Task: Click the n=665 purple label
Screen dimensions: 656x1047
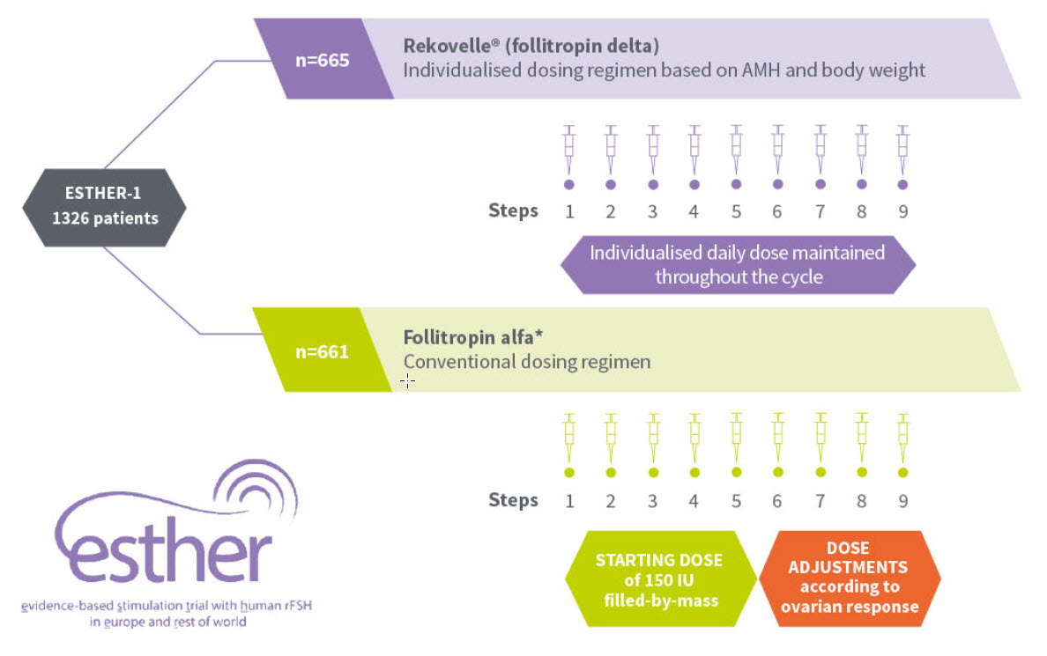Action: pyautogui.click(x=323, y=61)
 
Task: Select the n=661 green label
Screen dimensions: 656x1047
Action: pyautogui.click(x=322, y=351)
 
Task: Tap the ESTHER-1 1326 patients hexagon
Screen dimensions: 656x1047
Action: pyautogui.click(x=104, y=206)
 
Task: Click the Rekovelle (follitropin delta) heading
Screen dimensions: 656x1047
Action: pyautogui.click(x=531, y=45)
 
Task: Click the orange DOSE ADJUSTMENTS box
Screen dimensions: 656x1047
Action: pyautogui.click(x=850, y=578)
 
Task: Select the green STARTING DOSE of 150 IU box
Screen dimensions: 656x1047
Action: pyautogui.click(x=658, y=578)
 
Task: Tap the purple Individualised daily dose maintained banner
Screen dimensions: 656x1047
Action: pyautogui.click(x=737, y=264)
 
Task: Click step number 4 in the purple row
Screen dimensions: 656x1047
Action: pyautogui.click(x=694, y=211)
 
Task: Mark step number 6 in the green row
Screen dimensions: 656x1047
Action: pyautogui.click(x=777, y=501)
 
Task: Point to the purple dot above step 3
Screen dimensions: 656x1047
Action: pyautogui.click(x=652, y=184)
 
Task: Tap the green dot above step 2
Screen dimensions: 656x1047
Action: pyautogui.click(x=610, y=473)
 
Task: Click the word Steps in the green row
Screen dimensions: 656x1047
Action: pyautogui.click(x=513, y=501)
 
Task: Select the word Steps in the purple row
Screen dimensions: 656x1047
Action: pyautogui.click(x=513, y=211)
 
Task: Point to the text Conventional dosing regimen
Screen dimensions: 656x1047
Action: pyautogui.click(x=526, y=362)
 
